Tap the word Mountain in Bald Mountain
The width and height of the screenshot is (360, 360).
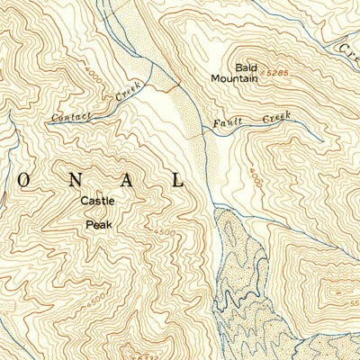pos(235,78)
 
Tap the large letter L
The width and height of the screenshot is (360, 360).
pos(177,179)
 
